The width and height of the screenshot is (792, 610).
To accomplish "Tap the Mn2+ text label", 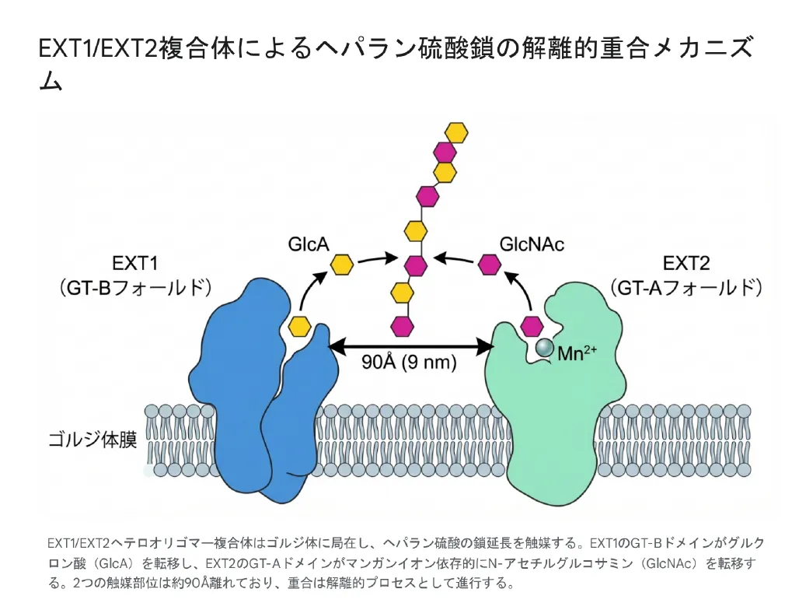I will (577, 352).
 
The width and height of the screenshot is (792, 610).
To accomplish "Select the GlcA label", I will (309, 244).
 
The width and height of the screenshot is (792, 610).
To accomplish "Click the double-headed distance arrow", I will (412, 344).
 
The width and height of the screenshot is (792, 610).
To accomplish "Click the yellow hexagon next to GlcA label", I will (342, 265).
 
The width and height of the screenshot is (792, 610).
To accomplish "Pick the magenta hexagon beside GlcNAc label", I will (490, 265).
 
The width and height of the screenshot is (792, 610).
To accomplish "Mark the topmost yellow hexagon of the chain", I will (456, 132).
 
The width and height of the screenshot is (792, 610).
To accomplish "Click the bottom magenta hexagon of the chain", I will (403, 324).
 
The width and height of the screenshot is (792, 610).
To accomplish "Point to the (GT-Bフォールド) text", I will (134, 287).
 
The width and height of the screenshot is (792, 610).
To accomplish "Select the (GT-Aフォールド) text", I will (686, 287).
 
